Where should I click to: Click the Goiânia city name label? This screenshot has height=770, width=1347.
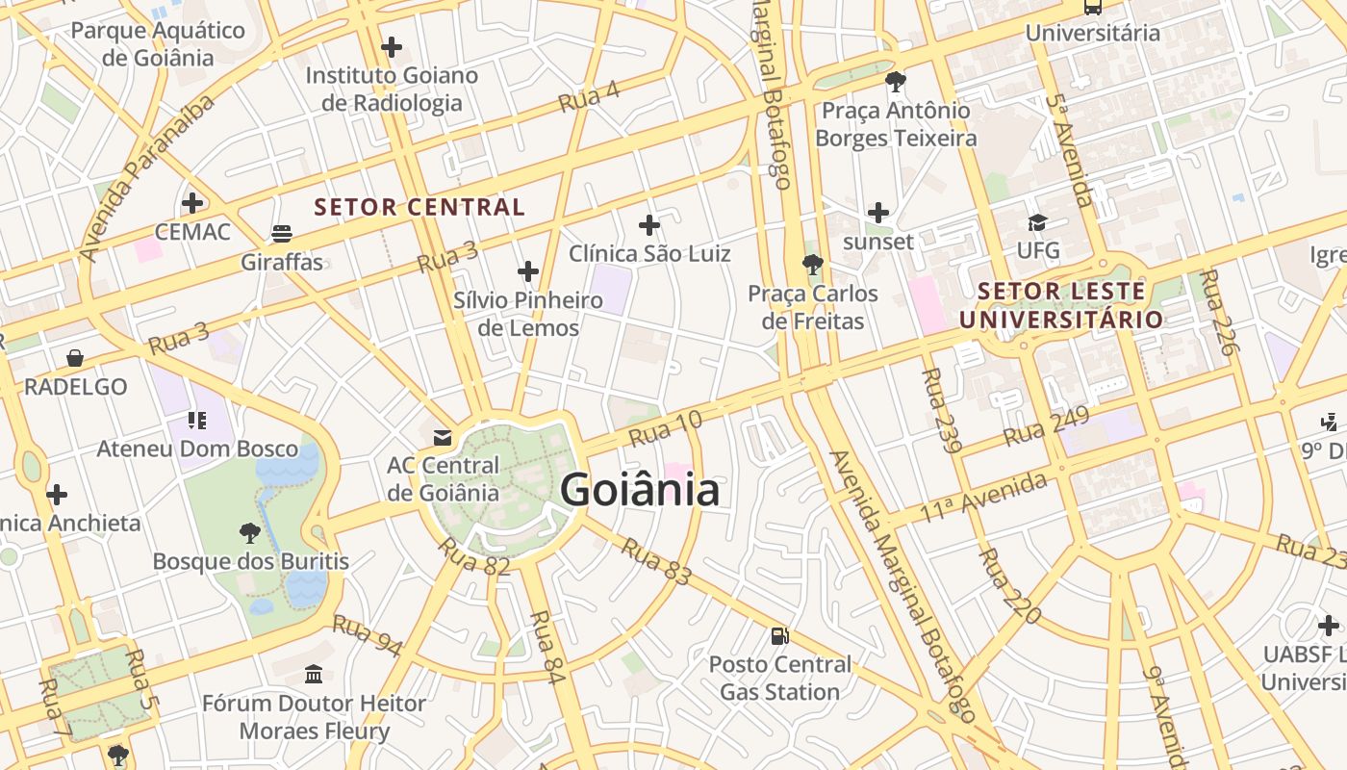click(640, 490)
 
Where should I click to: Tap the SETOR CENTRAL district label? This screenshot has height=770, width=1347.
click(419, 207)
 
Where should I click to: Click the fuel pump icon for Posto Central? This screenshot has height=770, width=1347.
click(780, 635)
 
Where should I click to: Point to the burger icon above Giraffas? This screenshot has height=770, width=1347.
click(282, 234)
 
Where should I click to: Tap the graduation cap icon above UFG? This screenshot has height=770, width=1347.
click(1037, 223)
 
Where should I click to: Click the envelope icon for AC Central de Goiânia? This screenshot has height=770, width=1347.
click(443, 438)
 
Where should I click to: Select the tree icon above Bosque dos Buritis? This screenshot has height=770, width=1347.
click(250, 532)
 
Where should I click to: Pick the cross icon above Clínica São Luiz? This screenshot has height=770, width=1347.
click(649, 225)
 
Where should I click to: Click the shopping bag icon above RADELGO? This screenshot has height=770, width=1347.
click(75, 358)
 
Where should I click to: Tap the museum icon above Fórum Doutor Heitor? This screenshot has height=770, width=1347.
click(314, 674)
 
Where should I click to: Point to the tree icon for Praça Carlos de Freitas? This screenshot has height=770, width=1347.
click(813, 264)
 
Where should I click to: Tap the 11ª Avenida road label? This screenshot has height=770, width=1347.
click(982, 498)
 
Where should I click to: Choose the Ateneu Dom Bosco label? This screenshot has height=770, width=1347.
click(197, 449)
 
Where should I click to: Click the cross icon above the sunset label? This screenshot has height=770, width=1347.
click(877, 213)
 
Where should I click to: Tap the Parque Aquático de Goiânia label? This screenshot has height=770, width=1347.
click(158, 44)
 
